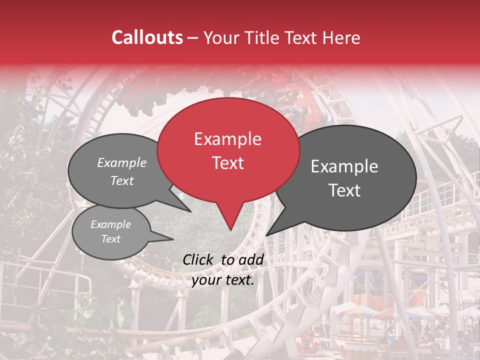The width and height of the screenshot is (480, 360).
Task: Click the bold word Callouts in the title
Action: [x=147, y=37]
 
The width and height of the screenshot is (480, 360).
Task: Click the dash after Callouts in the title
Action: [x=193, y=38]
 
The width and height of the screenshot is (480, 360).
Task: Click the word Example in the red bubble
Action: [x=227, y=139]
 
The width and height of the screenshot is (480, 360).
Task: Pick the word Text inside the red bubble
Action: [x=227, y=163]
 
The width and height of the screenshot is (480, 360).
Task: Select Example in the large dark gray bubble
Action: [x=344, y=166]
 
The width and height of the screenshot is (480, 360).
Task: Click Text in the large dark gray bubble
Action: [x=345, y=190]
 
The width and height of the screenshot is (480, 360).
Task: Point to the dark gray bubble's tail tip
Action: [x=266, y=235]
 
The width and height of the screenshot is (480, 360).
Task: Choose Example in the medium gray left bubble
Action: [x=122, y=163]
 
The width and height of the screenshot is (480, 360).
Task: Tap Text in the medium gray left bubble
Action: [x=122, y=181]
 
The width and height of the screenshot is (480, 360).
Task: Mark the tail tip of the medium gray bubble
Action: [x=191, y=211]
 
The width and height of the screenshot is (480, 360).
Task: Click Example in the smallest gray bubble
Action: [x=111, y=224]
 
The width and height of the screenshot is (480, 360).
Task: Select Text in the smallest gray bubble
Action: [x=111, y=239]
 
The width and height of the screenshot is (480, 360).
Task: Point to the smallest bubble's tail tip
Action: [x=173, y=239]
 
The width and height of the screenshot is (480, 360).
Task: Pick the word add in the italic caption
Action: [x=251, y=259]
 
